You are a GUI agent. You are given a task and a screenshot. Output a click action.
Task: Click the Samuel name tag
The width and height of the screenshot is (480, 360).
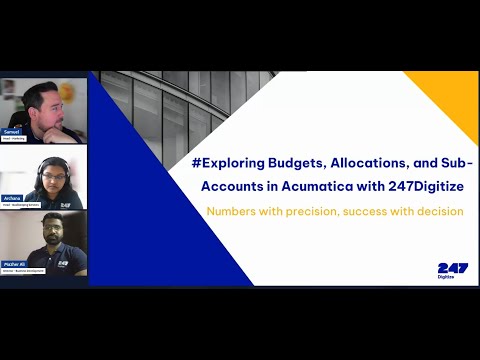tap(13, 130)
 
